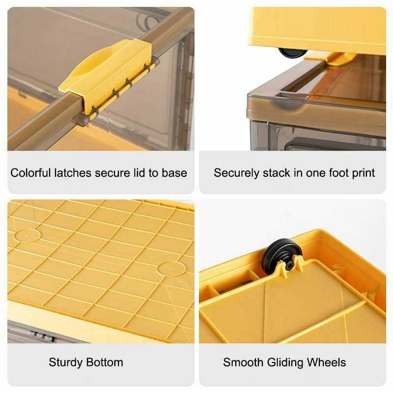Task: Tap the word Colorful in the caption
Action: [30, 173]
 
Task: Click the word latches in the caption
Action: [74, 173]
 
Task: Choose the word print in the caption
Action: [362, 173]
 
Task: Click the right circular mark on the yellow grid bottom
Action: [170, 268]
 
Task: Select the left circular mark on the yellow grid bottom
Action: [28, 235]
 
